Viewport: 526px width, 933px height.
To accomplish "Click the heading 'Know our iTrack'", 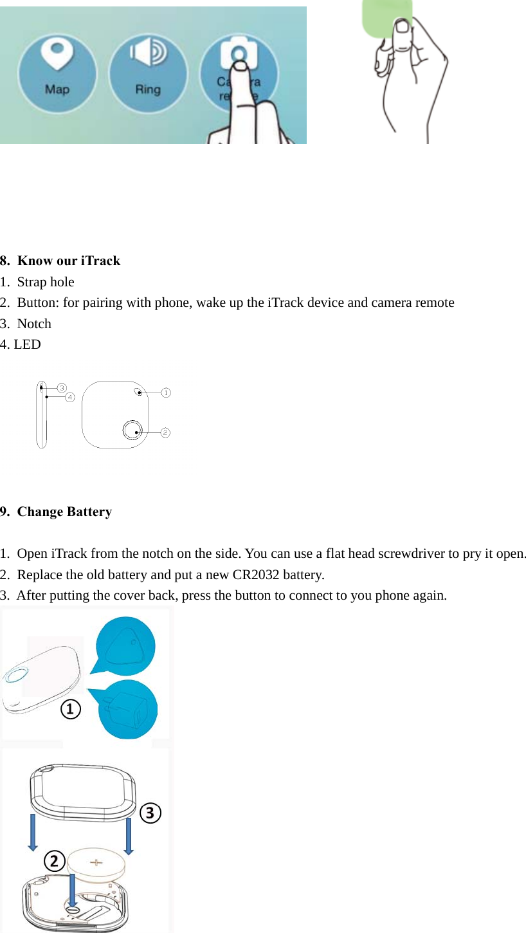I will (x=69, y=261).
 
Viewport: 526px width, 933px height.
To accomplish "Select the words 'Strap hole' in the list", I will (x=46, y=282).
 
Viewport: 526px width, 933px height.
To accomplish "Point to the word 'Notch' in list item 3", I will (x=34, y=324).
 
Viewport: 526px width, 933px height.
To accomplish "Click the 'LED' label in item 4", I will (x=27, y=344).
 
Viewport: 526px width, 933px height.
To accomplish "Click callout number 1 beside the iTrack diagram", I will (x=165, y=392).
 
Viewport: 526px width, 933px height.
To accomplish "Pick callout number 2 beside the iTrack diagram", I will (x=165, y=432).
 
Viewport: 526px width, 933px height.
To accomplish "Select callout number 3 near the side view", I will (x=62, y=387).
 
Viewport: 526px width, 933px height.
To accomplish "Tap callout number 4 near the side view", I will (x=69, y=397).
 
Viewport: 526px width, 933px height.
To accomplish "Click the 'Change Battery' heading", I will (x=64, y=512).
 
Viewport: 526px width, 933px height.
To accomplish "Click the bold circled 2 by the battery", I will (x=55, y=861).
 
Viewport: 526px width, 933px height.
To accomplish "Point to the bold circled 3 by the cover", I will (x=150, y=813).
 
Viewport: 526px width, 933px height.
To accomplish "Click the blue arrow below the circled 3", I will (x=129, y=836).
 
